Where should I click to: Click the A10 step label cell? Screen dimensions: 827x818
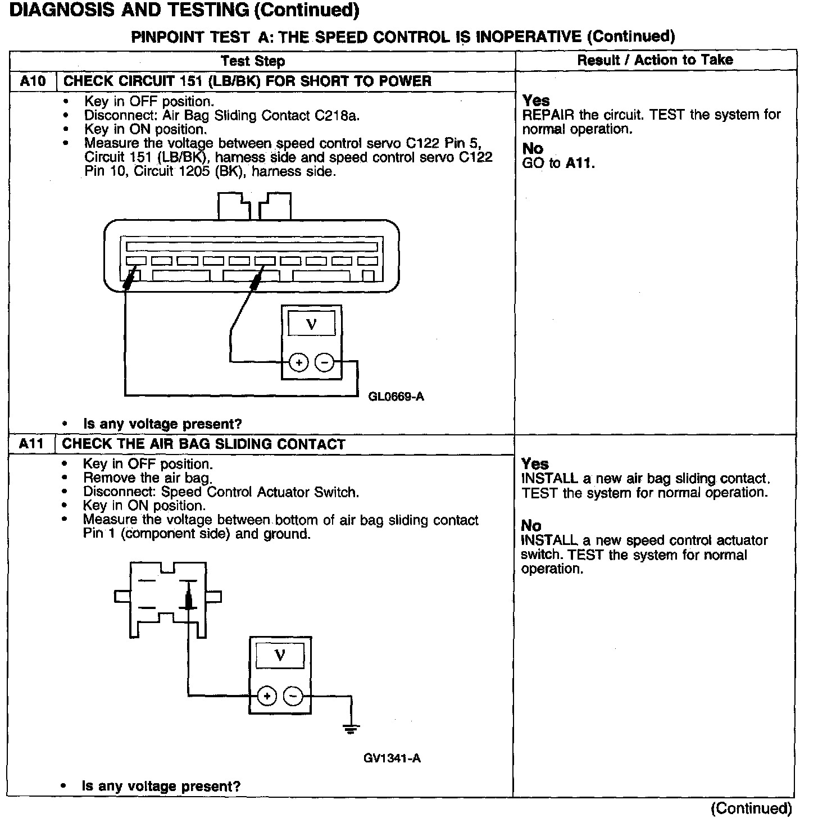(33, 81)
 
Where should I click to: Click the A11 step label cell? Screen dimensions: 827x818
(31, 444)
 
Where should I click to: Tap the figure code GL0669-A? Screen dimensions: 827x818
(396, 397)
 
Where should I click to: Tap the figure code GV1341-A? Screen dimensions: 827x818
(392, 758)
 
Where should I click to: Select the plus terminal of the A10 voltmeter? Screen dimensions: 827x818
(299, 363)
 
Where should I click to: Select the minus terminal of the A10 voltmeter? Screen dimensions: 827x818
(325, 363)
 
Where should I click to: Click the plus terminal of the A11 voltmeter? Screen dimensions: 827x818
(267, 697)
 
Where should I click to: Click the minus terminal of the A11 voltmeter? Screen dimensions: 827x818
(293, 697)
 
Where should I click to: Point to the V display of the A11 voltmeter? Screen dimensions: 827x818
(280, 655)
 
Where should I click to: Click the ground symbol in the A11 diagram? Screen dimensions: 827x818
(351, 730)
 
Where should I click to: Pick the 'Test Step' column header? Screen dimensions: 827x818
(253, 61)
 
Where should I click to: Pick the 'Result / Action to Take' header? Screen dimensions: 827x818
(655, 60)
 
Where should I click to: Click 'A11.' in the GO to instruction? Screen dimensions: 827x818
(580, 163)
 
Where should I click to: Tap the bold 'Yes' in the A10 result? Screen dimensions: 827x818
(536, 101)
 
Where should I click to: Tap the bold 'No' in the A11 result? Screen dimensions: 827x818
(531, 526)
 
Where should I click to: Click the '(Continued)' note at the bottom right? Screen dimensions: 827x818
(751, 808)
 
